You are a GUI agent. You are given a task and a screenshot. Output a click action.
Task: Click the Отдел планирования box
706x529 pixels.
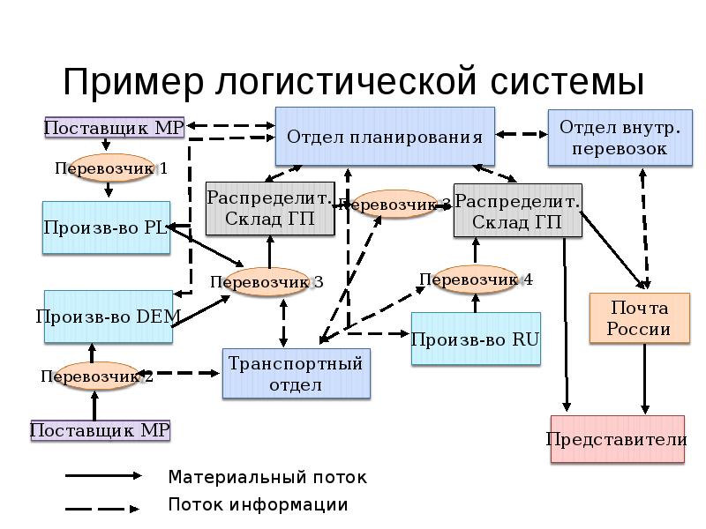point(385,136)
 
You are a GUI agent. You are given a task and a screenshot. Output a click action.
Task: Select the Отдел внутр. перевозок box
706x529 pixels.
point(618,137)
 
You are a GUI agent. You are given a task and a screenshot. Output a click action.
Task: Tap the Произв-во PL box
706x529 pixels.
point(106,227)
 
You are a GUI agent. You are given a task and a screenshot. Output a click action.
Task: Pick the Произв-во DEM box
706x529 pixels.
point(106,317)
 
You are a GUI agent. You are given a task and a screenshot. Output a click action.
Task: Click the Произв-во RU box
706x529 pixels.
point(475,339)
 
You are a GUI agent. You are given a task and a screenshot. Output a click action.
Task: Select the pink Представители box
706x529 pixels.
point(617,439)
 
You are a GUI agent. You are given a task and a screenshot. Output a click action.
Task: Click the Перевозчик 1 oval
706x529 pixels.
point(108,168)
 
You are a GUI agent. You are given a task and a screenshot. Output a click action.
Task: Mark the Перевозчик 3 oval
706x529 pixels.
point(265,282)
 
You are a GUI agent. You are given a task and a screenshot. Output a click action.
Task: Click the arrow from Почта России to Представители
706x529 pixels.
point(646,379)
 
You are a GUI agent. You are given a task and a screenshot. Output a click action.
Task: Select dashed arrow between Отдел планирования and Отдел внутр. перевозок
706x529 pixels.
point(522,134)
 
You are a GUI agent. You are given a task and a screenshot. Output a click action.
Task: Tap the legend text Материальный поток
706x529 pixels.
point(267,477)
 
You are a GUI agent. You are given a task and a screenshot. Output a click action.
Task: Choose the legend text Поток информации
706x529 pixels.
point(258,505)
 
